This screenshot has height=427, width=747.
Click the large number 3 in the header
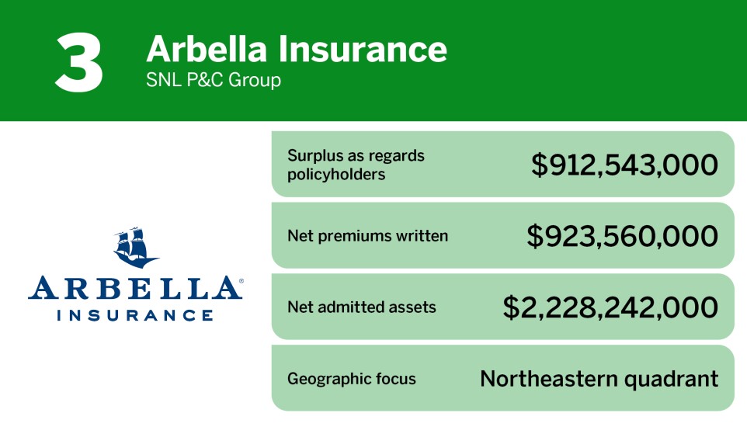(79, 62)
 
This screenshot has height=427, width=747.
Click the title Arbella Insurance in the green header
(297, 49)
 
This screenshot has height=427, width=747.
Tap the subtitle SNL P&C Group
(214, 80)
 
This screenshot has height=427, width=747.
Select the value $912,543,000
(624, 165)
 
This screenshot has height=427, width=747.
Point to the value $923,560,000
(622, 236)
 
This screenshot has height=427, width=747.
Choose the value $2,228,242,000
(610, 307)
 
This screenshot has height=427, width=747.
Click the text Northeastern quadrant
(599, 379)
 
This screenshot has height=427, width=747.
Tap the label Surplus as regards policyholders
(356, 165)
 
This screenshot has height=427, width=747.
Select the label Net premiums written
(367, 235)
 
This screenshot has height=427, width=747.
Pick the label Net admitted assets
(362, 307)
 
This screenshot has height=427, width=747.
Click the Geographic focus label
(352, 379)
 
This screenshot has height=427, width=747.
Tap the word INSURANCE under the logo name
(135, 315)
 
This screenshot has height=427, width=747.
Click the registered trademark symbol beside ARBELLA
(241, 279)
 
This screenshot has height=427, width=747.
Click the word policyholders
(336, 174)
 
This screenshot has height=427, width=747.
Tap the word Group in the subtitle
(259, 80)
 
